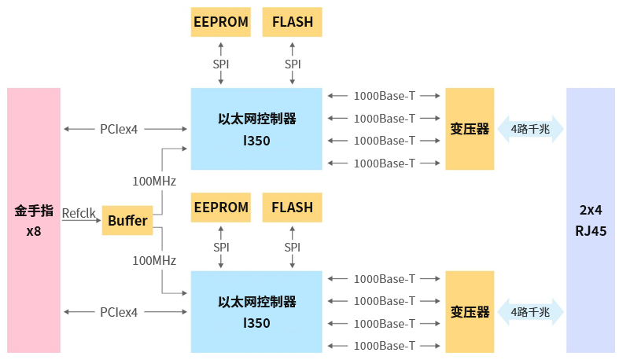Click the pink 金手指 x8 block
(x=34, y=220)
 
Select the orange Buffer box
(x=127, y=221)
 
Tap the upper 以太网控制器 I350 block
(x=256, y=129)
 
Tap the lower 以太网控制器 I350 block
(x=256, y=311)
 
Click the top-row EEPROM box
(x=221, y=22)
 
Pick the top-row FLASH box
(x=292, y=22)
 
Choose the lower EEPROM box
(x=221, y=208)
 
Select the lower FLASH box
(x=292, y=208)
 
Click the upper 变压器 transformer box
(x=470, y=129)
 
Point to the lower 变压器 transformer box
(x=470, y=311)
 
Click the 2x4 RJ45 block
(x=590, y=220)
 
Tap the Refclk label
(x=79, y=212)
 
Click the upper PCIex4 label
(x=119, y=129)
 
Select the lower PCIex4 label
(x=119, y=312)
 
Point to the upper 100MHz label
(x=154, y=181)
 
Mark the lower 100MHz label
(x=154, y=260)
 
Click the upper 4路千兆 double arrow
(x=530, y=129)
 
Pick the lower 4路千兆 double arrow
(x=530, y=311)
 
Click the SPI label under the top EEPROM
(x=221, y=64)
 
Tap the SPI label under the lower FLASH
(x=292, y=248)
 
